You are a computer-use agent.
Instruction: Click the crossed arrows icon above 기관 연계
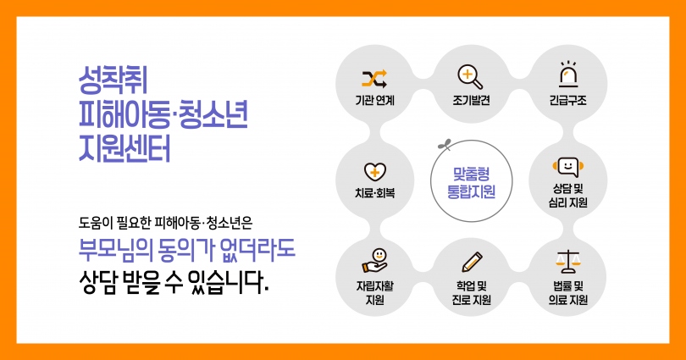pos(374,79)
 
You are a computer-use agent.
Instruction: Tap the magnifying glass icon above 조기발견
pos(470,77)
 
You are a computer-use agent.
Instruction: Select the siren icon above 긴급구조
pos(568,74)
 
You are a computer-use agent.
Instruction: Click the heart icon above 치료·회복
pos(375,172)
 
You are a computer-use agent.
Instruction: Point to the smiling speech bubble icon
pos(568,167)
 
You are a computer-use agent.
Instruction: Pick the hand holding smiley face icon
pos(375,261)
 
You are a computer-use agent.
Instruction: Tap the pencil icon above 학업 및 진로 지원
pos(472,262)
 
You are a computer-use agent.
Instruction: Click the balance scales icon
pos(568,261)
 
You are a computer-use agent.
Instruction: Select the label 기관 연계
pos(375,101)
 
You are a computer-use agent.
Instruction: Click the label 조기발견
pos(471,101)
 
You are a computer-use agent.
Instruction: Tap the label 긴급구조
pos(568,101)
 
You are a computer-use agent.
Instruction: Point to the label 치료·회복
pos(375,193)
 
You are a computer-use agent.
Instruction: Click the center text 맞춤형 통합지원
pos(471,183)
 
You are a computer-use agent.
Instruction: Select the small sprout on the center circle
pos(445,144)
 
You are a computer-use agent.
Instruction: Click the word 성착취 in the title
pos(113,80)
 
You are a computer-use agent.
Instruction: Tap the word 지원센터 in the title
pos(124,149)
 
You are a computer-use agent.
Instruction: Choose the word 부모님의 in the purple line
pos(116,249)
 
